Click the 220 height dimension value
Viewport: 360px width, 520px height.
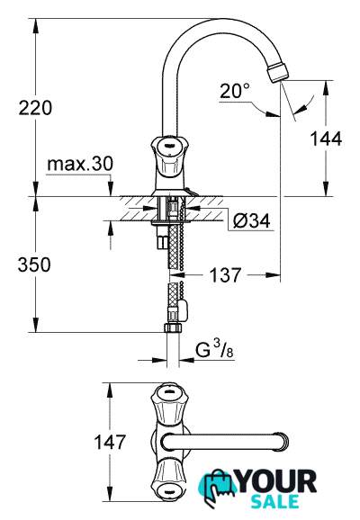click(x=35, y=108)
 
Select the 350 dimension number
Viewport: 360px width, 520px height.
click(x=34, y=264)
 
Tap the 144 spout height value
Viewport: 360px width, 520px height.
click(x=326, y=139)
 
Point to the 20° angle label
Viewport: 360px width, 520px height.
click(x=235, y=91)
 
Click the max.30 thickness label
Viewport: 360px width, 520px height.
click(x=80, y=164)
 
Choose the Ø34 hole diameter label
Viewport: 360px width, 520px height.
click(x=251, y=220)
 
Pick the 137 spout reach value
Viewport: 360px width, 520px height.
click(x=225, y=275)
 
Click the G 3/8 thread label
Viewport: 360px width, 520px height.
click(x=215, y=351)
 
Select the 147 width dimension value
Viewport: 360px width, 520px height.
click(x=110, y=442)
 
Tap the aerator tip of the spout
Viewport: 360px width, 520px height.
click(x=279, y=72)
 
